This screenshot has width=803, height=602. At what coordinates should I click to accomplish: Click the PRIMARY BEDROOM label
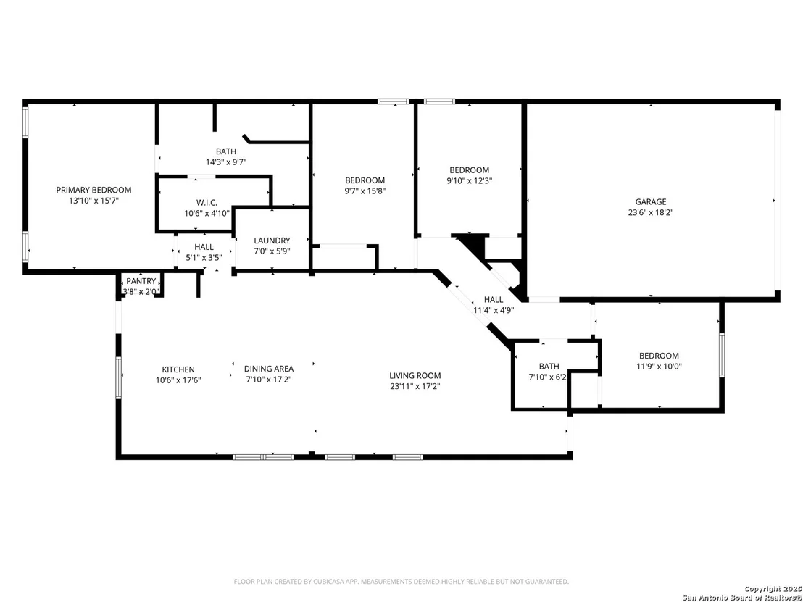click(93, 190)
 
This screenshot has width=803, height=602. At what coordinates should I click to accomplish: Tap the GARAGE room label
click(651, 201)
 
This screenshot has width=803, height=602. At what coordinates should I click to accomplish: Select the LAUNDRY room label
click(272, 241)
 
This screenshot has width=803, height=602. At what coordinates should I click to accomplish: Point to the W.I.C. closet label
click(207, 203)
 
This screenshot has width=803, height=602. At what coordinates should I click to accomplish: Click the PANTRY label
click(141, 281)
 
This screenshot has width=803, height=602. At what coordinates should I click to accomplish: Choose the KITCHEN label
click(178, 369)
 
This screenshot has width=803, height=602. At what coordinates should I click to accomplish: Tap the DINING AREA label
click(269, 369)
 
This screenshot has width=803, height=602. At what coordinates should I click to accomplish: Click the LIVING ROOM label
click(415, 376)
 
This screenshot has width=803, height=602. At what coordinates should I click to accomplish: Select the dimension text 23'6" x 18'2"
click(651, 212)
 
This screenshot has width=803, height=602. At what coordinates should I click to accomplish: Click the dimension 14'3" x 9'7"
click(226, 162)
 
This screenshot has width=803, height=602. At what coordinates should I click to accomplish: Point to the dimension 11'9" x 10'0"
click(659, 366)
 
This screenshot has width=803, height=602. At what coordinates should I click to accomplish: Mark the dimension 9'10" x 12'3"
click(469, 180)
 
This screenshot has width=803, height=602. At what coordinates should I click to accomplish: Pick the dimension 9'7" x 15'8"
click(365, 191)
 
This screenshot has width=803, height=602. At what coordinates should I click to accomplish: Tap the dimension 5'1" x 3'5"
click(204, 257)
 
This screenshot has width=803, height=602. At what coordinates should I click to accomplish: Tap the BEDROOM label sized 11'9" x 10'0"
click(659, 356)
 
